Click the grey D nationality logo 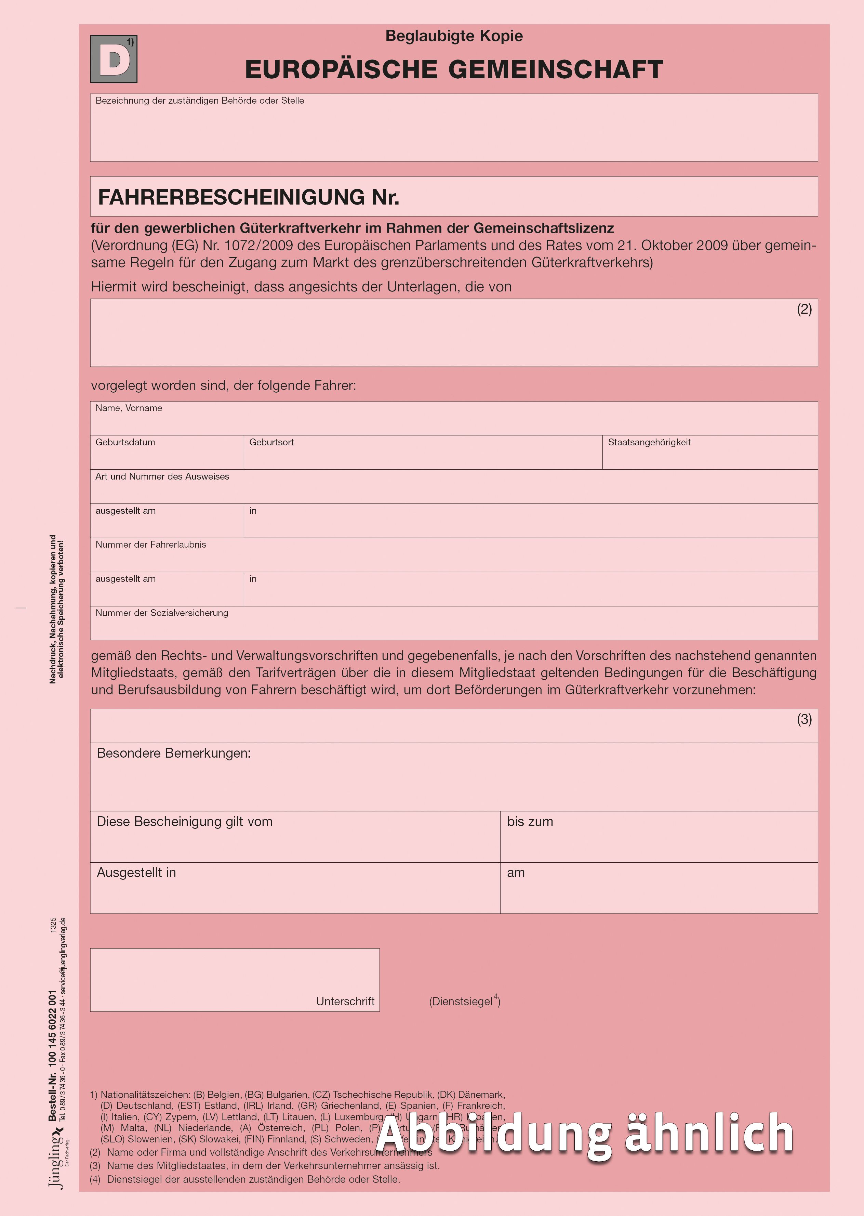(113, 59)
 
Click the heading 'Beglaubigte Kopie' (454, 36)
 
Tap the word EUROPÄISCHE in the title (341, 70)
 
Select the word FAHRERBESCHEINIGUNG (232, 197)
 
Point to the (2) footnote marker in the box (804, 309)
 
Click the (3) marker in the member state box (804, 719)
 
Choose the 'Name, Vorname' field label (129, 408)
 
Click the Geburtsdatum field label (125, 442)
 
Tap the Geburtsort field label (271, 442)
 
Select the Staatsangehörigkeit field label (649, 442)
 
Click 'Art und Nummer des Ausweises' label (162, 476)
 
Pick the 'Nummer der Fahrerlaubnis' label (150, 545)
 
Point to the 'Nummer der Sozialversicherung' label (162, 613)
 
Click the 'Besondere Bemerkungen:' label (173, 753)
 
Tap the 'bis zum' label (530, 822)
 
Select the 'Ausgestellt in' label (136, 873)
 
